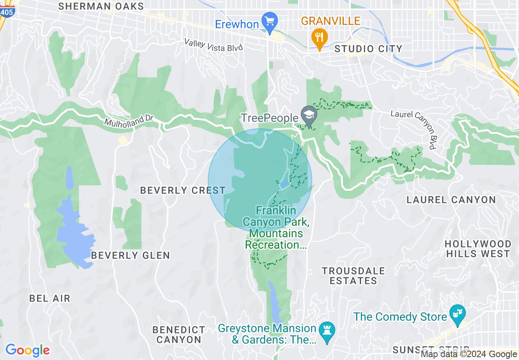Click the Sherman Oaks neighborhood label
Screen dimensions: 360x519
pos(101,6)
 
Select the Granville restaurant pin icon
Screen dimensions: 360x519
pos(319,37)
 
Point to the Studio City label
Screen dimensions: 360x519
pos(368,49)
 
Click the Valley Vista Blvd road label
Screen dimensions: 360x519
pos(214,45)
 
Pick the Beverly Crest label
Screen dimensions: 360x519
pos(183,190)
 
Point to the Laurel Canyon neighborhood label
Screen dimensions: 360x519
pos(451,200)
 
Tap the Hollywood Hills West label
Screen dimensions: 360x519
pos(478,249)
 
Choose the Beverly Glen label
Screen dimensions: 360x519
pos(130,255)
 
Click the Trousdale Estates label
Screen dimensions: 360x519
pos(353,276)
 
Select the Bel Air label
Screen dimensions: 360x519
pos(50,298)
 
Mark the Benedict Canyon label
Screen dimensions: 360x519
pos(179,335)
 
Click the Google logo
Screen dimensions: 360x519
pos(27,350)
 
